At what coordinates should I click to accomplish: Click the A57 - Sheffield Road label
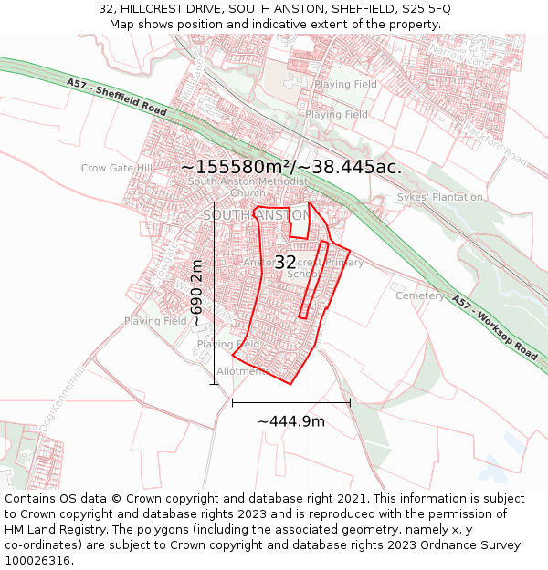click(x=116, y=97)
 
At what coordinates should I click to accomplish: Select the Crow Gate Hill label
click(x=117, y=169)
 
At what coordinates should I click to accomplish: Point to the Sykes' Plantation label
click(x=439, y=197)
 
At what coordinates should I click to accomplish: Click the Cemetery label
click(x=419, y=295)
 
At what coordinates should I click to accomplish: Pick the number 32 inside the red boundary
click(x=285, y=263)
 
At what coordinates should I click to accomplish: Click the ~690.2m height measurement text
click(x=196, y=293)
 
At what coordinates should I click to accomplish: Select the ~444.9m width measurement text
click(x=291, y=421)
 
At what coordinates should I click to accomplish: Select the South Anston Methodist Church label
click(x=248, y=187)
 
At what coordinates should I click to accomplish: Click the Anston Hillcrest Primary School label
click(x=303, y=268)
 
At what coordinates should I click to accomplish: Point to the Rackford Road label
click(x=497, y=148)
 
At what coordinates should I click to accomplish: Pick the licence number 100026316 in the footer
click(x=39, y=561)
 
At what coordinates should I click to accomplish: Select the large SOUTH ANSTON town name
click(x=256, y=215)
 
